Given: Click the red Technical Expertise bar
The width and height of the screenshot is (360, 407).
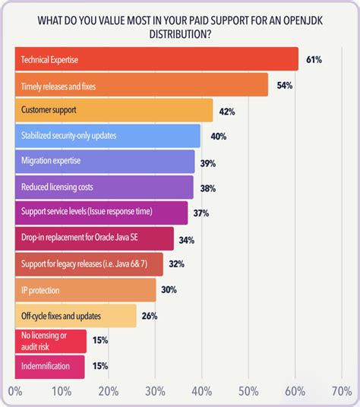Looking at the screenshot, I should [x=156, y=58].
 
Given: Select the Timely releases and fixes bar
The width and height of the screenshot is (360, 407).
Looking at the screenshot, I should [x=141, y=84].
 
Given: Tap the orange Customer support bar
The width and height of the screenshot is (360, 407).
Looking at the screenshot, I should [x=114, y=110].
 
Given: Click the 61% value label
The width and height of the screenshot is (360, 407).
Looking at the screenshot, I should [x=313, y=59].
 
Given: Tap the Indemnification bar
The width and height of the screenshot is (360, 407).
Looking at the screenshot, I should [x=50, y=367].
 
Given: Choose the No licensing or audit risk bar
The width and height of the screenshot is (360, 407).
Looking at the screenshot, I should [x=50, y=341].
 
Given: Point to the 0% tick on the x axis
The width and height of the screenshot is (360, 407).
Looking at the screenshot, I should [x=15, y=392].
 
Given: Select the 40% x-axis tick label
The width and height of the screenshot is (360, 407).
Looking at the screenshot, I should [x=201, y=392].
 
